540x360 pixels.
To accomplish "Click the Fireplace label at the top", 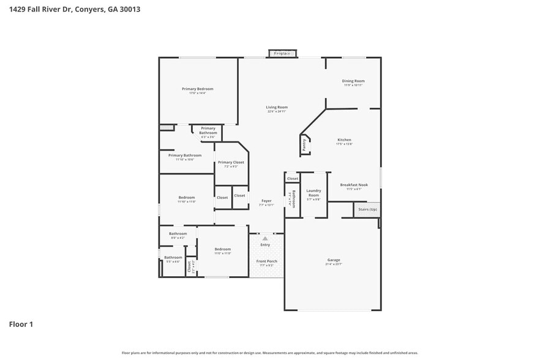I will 282,53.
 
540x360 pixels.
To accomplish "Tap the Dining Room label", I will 353,81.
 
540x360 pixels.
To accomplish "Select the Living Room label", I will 277,108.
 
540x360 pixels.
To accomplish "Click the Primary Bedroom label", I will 197,89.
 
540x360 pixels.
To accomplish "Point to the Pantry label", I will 304,145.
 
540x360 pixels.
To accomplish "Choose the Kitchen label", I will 344,140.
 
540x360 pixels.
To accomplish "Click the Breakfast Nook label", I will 354,185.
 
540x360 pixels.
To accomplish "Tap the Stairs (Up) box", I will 367,209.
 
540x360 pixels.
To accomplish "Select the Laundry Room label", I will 313,193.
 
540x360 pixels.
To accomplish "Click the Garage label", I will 333,260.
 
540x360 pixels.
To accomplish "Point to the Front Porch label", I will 266,261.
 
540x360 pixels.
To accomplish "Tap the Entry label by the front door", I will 265,244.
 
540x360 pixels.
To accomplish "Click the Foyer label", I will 266,201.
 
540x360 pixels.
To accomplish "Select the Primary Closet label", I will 231,162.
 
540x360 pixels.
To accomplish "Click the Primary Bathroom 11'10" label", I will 184,156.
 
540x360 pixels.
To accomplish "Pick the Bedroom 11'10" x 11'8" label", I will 187,198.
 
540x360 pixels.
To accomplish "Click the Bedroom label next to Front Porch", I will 222,249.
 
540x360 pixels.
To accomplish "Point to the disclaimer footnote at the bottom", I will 269,353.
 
